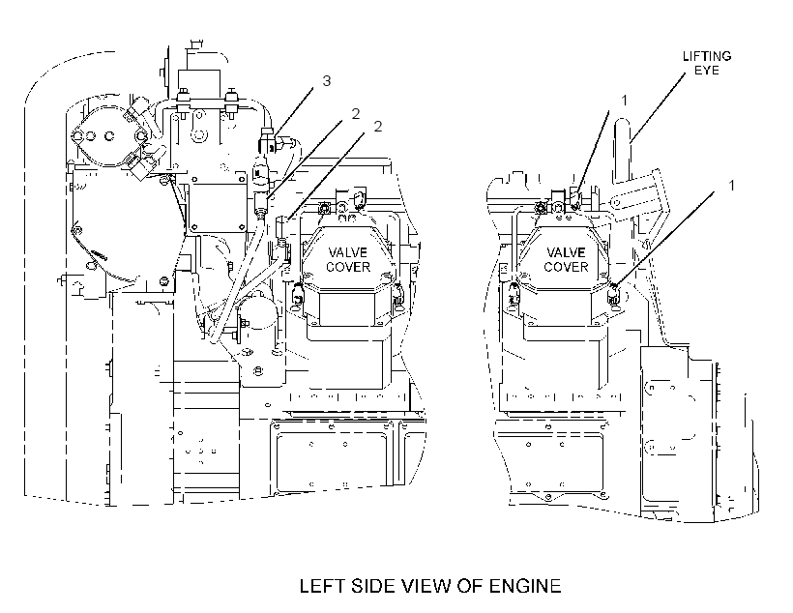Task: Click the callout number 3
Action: (x=327, y=80)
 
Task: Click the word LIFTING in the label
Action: (x=707, y=56)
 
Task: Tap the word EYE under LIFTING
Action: (x=707, y=71)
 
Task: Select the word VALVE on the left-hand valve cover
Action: (x=347, y=252)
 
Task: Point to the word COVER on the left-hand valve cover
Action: (x=348, y=267)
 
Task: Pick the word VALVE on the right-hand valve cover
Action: (x=566, y=252)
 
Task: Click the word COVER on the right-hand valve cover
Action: (x=566, y=267)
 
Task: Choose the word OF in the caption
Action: (x=470, y=586)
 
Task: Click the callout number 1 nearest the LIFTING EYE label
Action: (x=624, y=101)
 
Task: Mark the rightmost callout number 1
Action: (x=731, y=186)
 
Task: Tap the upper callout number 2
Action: (x=356, y=114)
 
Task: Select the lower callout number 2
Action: (x=378, y=127)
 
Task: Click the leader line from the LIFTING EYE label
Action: (x=659, y=107)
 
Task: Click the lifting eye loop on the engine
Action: (x=623, y=150)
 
